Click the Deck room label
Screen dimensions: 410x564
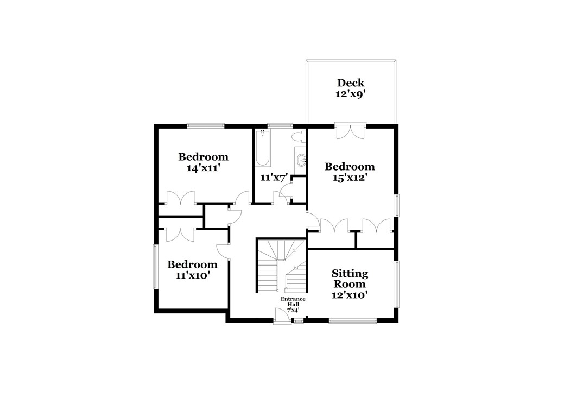[x=350, y=83]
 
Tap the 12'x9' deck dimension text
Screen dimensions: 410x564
[x=350, y=93]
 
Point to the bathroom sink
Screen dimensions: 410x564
[x=301, y=160]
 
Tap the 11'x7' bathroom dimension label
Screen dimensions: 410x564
[x=273, y=177]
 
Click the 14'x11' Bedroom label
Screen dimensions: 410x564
[x=204, y=162]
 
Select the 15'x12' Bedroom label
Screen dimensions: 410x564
[x=349, y=172]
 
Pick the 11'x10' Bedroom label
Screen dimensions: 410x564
[x=192, y=269]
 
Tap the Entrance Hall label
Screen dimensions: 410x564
[x=293, y=305]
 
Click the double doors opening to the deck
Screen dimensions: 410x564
[x=350, y=131]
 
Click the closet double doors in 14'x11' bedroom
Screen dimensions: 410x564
[x=180, y=198]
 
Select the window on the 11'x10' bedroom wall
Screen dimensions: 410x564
[x=155, y=267]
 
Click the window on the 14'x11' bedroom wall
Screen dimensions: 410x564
[x=206, y=126]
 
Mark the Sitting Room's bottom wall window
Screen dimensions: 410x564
[x=352, y=320]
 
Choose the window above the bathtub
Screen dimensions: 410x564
[x=277, y=126]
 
